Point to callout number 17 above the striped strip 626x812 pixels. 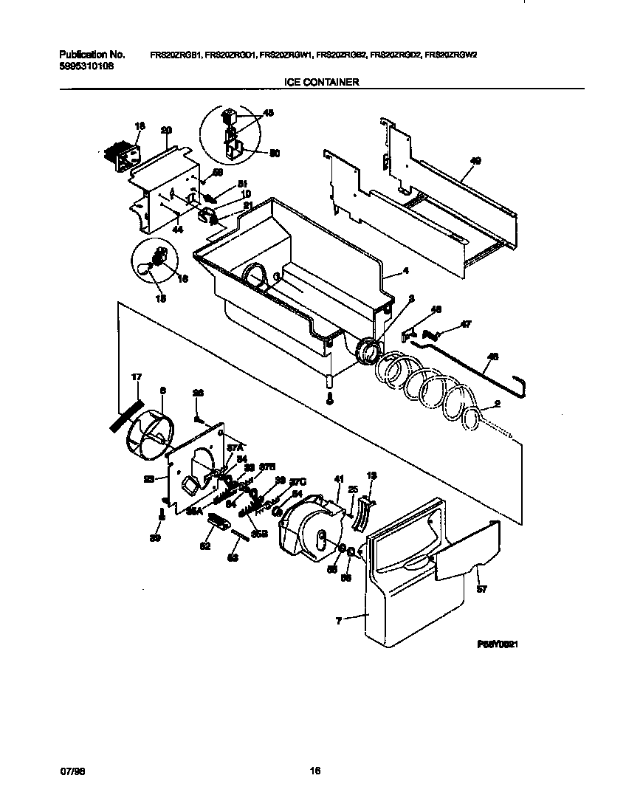click(x=137, y=378)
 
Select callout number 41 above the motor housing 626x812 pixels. click(x=339, y=479)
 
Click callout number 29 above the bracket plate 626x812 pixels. click(x=166, y=131)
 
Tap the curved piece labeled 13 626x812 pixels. click(x=361, y=513)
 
